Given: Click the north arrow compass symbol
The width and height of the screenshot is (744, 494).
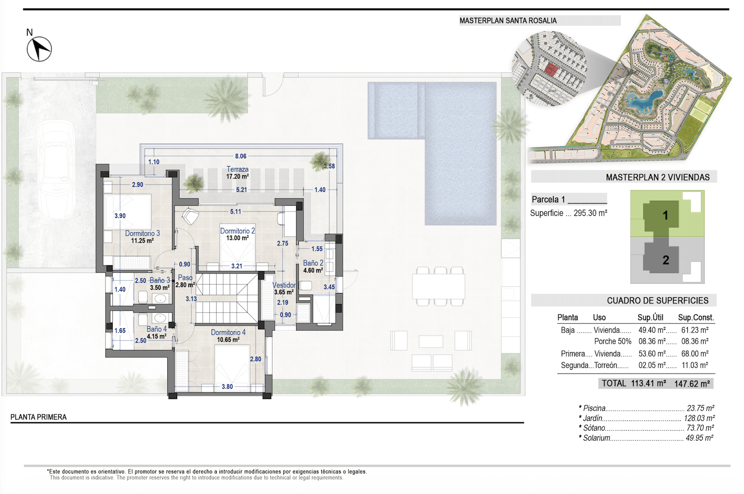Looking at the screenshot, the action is [39, 49].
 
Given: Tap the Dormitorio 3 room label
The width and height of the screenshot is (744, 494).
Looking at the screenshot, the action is [142, 233].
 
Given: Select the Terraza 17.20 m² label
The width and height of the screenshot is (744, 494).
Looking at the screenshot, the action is [238, 173].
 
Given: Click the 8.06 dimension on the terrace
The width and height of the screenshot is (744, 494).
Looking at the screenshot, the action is [241, 156].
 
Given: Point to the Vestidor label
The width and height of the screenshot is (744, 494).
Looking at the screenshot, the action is [284, 285].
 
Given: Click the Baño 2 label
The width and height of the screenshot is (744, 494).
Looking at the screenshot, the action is [313, 263].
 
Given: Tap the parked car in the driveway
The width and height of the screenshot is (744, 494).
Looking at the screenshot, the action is [56, 170].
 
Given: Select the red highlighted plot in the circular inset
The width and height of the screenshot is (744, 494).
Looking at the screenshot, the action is [551, 69].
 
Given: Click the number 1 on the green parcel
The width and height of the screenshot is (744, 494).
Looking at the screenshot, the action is [665, 216].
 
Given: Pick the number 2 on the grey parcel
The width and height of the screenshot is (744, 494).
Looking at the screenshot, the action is [665, 260].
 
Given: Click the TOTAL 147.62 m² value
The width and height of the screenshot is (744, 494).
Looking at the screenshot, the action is [692, 384].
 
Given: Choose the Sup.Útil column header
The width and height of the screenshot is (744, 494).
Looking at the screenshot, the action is [651, 318].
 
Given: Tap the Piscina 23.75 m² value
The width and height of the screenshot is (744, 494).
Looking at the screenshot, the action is [700, 408].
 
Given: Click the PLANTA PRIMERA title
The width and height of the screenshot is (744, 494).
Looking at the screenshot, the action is [39, 417].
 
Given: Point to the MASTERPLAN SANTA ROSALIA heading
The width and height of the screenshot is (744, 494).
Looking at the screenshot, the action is [508, 20].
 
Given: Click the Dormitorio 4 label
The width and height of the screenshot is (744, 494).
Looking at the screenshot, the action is [228, 332].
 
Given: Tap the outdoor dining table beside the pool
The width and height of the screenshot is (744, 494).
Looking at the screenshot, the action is [439, 286].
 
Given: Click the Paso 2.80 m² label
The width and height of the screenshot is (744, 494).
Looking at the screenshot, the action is [185, 281].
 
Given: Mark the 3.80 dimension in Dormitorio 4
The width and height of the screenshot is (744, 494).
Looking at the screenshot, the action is [227, 387].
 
